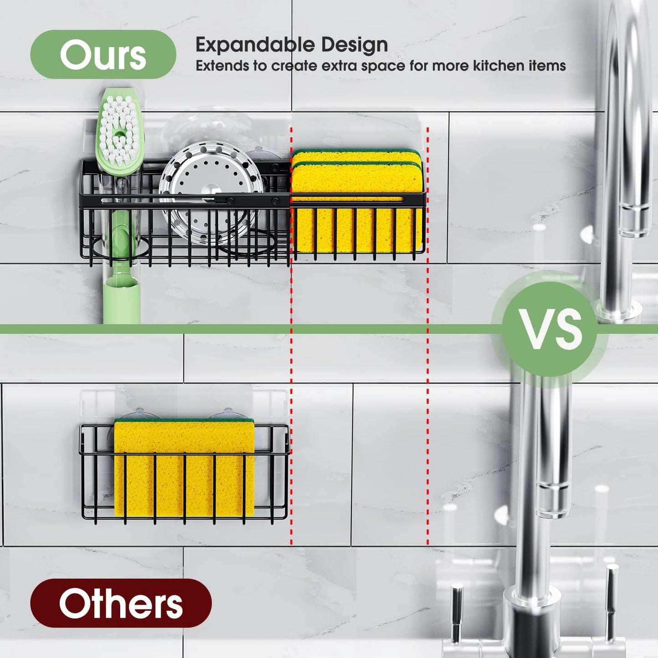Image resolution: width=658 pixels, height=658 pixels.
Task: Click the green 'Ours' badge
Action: [x=103, y=55]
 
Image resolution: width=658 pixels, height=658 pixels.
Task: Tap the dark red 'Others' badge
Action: [x=121, y=604]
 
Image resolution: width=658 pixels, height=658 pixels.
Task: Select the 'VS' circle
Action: [x=550, y=329]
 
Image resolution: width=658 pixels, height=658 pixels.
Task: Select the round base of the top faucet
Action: [x=619, y=307]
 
